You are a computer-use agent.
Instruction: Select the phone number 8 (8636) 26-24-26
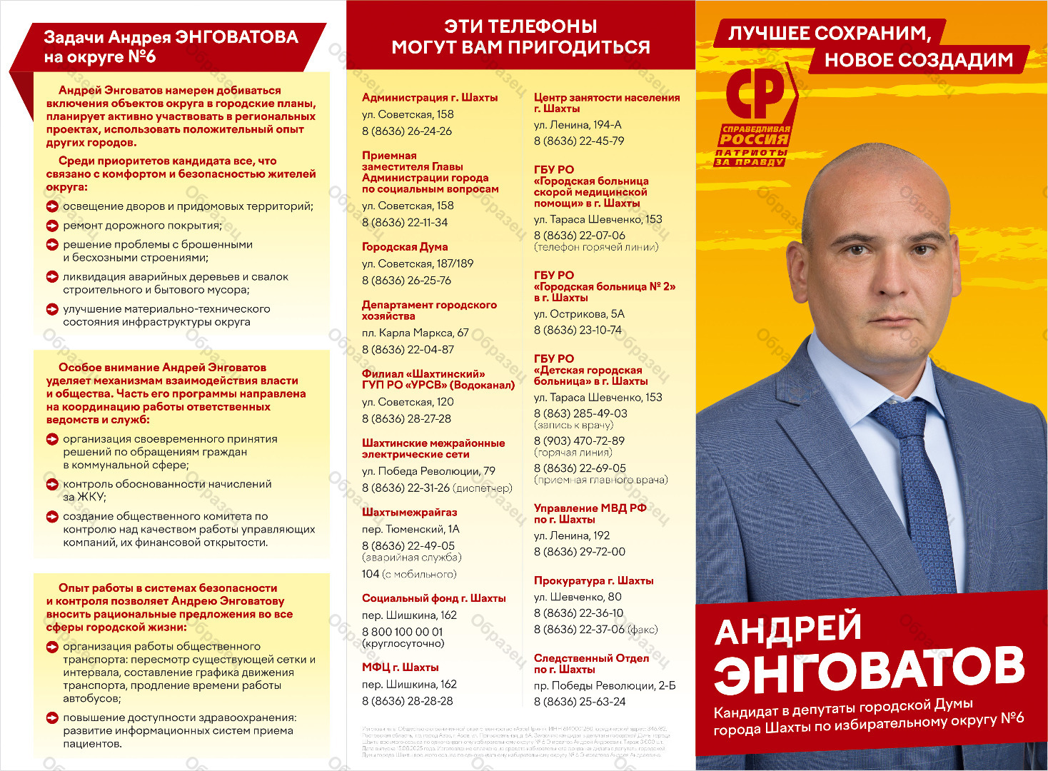(x=407, y=131)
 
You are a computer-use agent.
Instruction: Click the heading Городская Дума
(x=405, y=247)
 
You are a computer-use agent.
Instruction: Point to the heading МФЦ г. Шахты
(x=400, y=667)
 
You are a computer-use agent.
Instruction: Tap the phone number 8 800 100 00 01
(x=402, y=632)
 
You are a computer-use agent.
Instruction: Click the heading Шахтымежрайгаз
(x=409, y=513)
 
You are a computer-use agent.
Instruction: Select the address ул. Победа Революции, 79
(x=428, y=471)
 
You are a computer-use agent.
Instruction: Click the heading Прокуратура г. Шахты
(x=593, y=581)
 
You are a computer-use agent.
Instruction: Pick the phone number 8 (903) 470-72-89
(x=579, y=441)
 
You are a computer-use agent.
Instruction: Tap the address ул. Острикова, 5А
(x=579, y=314)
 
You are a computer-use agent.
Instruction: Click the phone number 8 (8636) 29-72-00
(x=579, y=552)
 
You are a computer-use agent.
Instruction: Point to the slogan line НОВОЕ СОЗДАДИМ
(x=919, y=60)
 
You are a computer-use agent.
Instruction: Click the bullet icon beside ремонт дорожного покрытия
(x=52, y=226)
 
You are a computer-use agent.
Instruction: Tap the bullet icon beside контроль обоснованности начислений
(x=52, y=484)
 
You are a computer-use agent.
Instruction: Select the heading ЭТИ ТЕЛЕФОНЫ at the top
(x=520, y=26)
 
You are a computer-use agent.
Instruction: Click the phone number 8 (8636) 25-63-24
(x=579, y=702)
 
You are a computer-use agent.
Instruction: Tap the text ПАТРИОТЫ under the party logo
(x=751, y=152)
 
